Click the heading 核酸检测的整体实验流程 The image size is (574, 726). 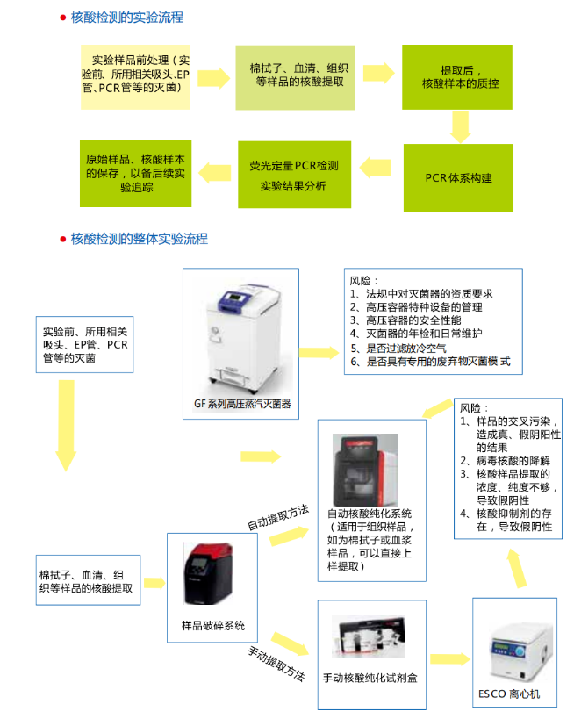point(139,239)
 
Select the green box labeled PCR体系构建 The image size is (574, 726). point(458,178)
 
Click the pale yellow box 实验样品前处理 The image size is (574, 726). point(135,75)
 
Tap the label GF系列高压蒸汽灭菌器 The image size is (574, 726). point(242,406)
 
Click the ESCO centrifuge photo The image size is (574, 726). point(513,645)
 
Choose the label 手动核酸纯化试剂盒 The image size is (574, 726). point(371,678)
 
